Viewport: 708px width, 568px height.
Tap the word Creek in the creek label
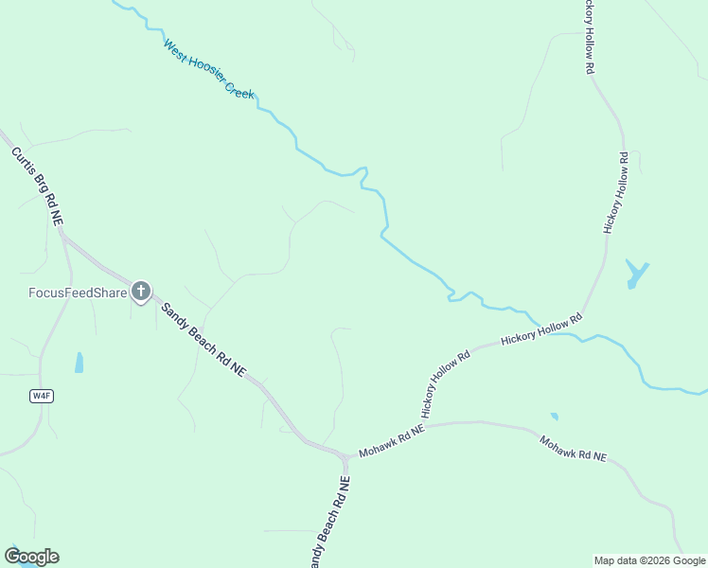(238, 89)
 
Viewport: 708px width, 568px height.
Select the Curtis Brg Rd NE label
(37, 185)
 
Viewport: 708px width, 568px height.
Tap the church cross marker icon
(140, 291)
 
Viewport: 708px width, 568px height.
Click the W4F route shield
(41, 396)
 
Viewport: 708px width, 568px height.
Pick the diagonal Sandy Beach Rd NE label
(202, 340)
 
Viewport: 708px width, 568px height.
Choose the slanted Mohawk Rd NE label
(573, 448)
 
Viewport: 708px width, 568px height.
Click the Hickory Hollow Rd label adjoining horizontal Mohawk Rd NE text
(445, 385)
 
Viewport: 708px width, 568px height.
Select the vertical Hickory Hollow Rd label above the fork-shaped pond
(615, 192)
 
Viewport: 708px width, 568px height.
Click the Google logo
(31, 557)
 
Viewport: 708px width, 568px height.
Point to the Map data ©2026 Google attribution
(648, 560)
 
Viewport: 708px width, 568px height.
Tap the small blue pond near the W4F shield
(80, 363)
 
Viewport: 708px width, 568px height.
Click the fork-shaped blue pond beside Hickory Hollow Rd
(636, 275)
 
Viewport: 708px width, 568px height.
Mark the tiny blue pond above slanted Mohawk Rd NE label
(554, 416)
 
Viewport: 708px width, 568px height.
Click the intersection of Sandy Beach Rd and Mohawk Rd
(345, 458)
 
